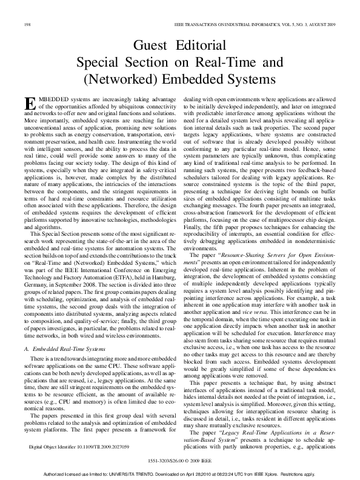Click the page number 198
click(27, 24)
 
